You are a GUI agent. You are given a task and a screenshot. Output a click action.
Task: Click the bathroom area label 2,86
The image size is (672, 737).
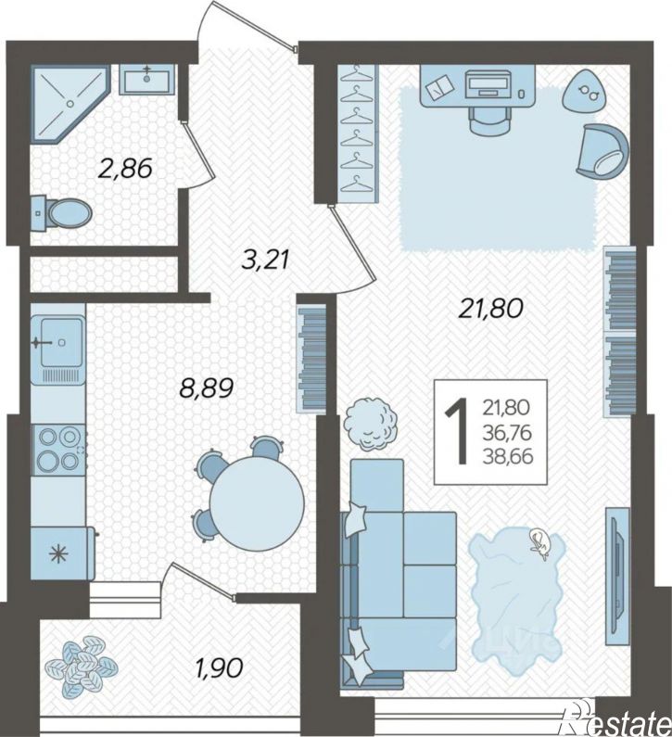pyautogui.click(x=125, y=169)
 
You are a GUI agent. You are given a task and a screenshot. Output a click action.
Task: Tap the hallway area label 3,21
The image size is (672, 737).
pyautogui.click(x=264, y=260)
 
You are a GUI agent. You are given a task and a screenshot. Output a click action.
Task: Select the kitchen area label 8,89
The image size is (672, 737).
pyautogui.click(x=207, y=388)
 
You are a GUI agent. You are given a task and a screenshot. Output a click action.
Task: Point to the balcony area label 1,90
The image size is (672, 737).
pyautogui.click(x=220, y=667)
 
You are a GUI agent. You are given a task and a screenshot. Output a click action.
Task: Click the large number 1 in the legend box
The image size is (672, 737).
pyautogui.click(x=456, y=430)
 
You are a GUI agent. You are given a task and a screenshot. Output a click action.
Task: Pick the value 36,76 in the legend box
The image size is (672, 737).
pyautogui.click(x=508, y=432)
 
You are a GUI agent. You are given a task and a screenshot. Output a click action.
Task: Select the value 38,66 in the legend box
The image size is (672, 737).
pyautogui.click(x=508, y=456)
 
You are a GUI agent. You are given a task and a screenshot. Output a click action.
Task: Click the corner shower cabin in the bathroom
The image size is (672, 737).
pyautogui.click(x=70, y=103)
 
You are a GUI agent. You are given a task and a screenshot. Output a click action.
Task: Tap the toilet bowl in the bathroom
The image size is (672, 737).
pyautogui.click(x=62, y=215)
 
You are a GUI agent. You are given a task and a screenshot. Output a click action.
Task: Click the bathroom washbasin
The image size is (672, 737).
pyautogui.click(x=146, y=78)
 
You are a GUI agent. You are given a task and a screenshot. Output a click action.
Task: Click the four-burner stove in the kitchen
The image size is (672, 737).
pyautogui.click(x=58, y=450)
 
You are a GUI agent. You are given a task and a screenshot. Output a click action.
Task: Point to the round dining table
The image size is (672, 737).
pyautogui.click(x=257, y=503)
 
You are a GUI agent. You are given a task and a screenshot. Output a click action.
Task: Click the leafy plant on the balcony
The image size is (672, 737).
pyautogui.click(x=81, y=666)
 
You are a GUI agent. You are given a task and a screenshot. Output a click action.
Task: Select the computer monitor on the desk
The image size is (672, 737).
pyautogui.click(x=488, y=83)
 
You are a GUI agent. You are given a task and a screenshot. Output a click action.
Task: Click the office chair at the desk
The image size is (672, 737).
pyautogui.click(x=489, y=119)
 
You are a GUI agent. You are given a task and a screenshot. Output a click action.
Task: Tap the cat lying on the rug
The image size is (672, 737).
pyautogui.click(x=540, y=543)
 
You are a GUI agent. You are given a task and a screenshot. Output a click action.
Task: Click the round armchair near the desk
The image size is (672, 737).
pyautogui.click(x=602, y=151)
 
